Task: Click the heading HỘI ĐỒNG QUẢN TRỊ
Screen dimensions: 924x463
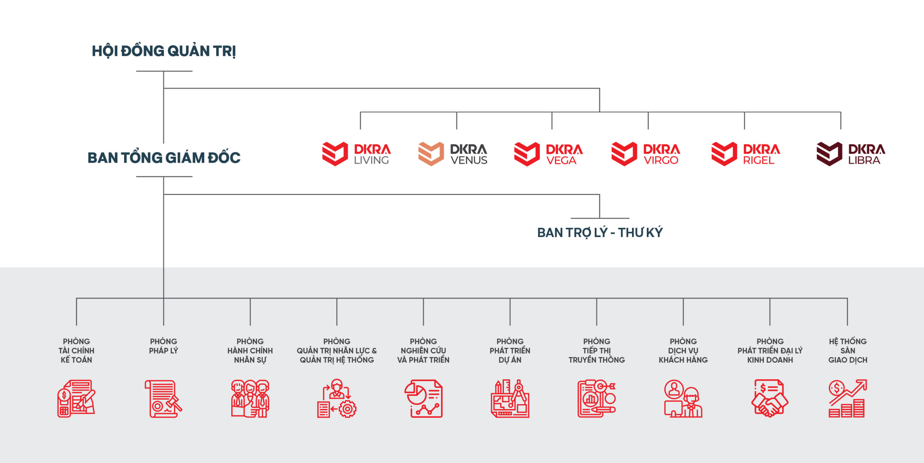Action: pyautogui.click(x=164, y=51)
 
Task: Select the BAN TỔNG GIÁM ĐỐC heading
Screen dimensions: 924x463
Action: pyautogui.click(x=164, y=157)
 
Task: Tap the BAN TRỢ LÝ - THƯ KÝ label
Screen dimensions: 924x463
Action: pyautogui.click(x=600, y=232)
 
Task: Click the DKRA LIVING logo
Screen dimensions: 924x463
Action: pyautogui.click(x=356, y=154)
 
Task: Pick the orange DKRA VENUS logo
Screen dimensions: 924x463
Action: pyautogui.click(x=453, y=154)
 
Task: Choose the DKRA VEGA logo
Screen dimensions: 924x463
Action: pyautogui.click(x=549, y=154)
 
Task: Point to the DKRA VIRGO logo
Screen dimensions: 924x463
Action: pyautogui.click(x=646, y=154)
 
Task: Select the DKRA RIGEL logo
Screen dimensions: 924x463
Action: pyautogui.click(x=746, y=154)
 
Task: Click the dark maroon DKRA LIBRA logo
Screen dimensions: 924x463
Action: pyautogui.click(x=851, y=154)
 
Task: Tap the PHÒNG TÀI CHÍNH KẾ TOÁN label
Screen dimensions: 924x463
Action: pyautogui.click(x=77, y=350)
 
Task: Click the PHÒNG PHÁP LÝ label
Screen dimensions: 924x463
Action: pyautogui.click(x=164, y=346)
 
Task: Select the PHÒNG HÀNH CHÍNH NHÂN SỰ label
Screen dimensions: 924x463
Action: pyautogui.click(x=250, y=350)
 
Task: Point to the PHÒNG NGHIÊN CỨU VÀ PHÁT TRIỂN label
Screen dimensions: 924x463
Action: pyautogui.click(x=423, y=350)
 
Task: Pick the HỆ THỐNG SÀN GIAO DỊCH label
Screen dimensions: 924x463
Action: pyautogui.click(x=847, y=350)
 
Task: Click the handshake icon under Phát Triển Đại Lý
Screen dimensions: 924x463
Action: pyautogui.click(x=770, y=398)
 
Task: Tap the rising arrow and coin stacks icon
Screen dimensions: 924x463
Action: pyautogui.click(x=847, y=398)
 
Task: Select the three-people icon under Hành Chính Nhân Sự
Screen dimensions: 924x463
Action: pyautogui.click(x=250, y=398)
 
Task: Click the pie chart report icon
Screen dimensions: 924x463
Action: pyautogui.click(x=423, y=398)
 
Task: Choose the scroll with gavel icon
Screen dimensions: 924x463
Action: pyautogui.click(x=164, y=398)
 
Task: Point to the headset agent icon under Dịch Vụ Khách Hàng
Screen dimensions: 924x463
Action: pyautogui.click(x=683, y=398)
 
